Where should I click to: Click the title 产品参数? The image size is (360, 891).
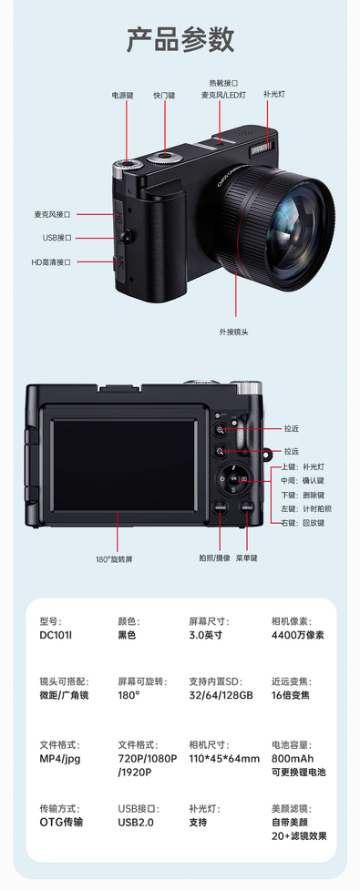click(180, 39)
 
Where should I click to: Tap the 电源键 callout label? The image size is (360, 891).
click(122, 96)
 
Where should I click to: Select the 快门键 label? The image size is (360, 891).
click(164, 96)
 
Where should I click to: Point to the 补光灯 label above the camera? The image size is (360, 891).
click(274, 94)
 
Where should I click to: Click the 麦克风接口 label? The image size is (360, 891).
click(52, 215)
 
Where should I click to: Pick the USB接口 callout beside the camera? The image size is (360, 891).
click(57, 238)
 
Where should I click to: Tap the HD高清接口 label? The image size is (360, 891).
click(51, 262)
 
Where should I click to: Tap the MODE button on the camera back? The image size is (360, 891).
click(220, 507)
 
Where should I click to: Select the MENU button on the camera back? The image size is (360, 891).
click(246, 507)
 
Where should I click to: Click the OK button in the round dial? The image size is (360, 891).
click(233, 478)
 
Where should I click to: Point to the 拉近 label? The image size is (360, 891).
click(291, 429)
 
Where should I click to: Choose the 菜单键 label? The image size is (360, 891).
click(246, 558)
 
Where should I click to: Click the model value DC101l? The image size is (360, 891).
click(56, 635)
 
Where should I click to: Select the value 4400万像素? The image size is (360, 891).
click(297, 635)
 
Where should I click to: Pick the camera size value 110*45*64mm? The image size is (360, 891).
click(224, 759)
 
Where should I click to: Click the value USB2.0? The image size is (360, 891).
click(136, 823)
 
